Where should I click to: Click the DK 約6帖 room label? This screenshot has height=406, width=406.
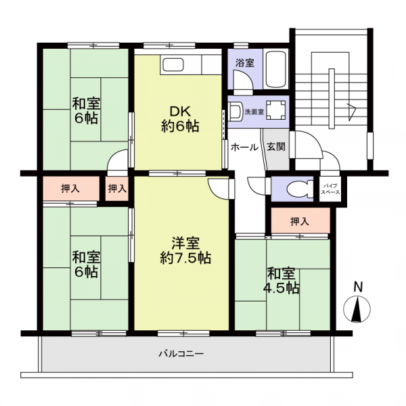tap(180, 119)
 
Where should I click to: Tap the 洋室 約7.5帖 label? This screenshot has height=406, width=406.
tap(185, 250)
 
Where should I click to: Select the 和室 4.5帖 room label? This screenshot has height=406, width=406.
tap(281, 281)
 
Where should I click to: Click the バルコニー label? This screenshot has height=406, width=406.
tap(181, 353)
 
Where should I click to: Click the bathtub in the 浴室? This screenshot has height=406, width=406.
tap(276, 70)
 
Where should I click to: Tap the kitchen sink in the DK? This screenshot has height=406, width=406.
tap(172, 64)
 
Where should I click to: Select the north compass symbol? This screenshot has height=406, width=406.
tap(357, 309)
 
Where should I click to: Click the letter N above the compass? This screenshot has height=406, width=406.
tap(358, 287)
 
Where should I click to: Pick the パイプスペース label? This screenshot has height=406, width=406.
tap(330, 189)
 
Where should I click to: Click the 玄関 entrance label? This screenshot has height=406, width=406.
tap(276, 147)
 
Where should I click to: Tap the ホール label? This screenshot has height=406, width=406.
tap(244, 148)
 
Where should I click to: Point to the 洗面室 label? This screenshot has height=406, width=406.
tap(254, 112)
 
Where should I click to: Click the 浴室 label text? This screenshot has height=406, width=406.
tap(245, 63)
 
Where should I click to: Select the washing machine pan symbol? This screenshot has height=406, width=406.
tap(276, 110)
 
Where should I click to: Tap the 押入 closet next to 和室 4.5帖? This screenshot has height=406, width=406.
tap(300, 221)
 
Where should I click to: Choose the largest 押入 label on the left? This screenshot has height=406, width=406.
tap(70, 189)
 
